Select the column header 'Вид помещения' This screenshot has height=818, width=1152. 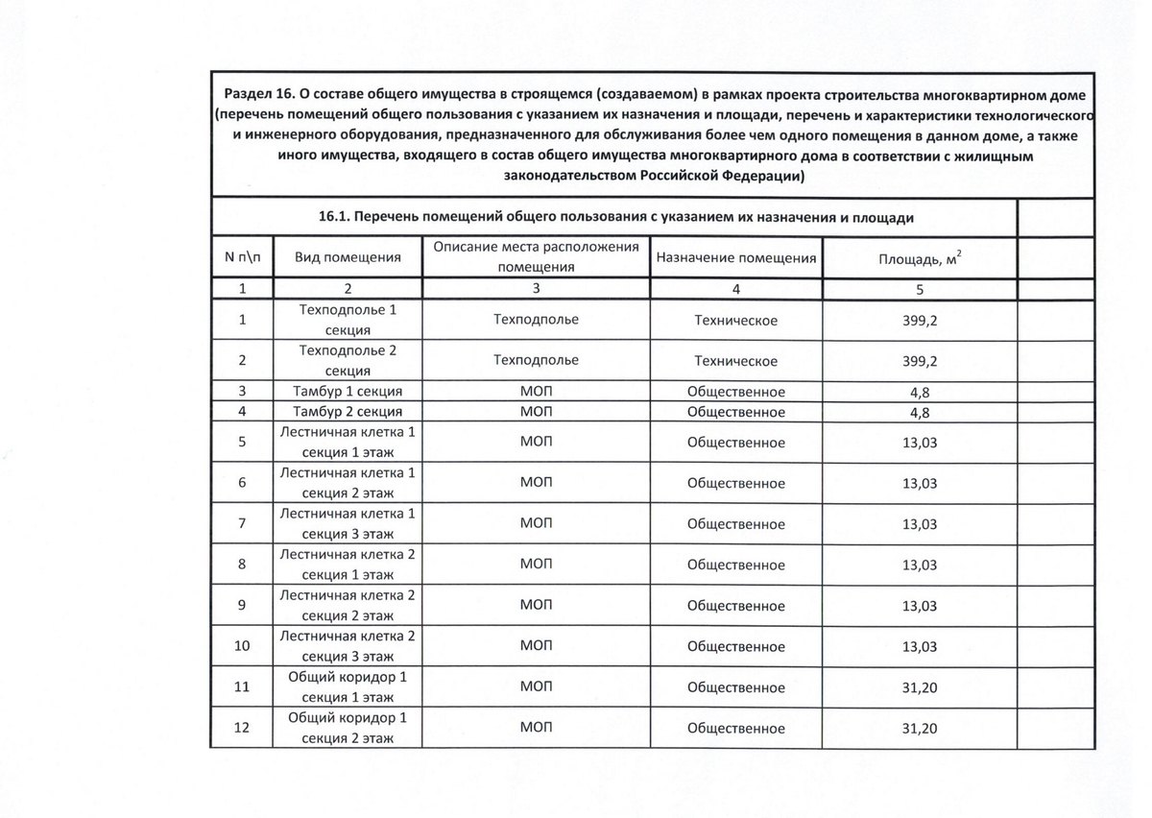point(347,257)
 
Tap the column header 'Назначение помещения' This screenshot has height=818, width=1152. point(735,257)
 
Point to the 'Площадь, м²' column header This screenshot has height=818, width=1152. point(920,257)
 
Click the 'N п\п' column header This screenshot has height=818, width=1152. point(242,257)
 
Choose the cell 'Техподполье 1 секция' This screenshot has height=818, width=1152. point(347,320)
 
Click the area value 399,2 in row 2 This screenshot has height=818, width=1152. point(920,361)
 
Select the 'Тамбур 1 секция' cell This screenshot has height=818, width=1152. point(347,392)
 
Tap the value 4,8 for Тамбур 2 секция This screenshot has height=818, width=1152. point(920,412)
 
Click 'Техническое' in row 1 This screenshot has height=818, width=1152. point(735,320)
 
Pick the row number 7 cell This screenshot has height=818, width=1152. point(242,524)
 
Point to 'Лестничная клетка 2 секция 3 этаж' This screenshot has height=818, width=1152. point(347,646)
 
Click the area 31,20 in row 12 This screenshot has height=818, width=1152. point(920,728)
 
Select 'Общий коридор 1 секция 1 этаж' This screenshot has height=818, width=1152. point(347,686)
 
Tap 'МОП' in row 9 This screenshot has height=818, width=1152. point(536,606)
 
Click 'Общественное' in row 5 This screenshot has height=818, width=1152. point(735,443)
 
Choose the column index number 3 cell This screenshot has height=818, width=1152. point(536,288)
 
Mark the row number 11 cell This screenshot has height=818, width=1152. point(242,686)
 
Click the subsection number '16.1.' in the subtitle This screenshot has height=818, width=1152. point(333,218)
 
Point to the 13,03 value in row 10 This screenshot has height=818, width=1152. point(920,646)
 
